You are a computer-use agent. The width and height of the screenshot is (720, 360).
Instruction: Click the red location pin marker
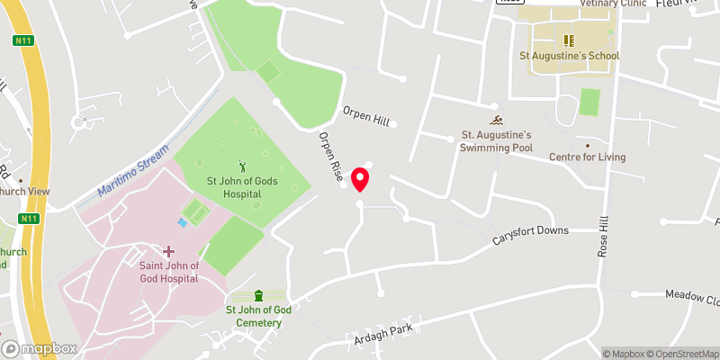[361, 178]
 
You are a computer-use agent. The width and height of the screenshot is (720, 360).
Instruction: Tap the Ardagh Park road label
[382, 335]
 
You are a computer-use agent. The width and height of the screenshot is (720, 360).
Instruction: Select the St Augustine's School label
[570, 56]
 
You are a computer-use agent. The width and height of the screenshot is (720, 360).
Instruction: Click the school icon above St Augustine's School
[568, 40]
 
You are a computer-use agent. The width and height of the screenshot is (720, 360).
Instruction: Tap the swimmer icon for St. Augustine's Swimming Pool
[496, 121]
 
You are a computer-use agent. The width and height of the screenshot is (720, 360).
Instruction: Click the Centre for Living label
[588, 157]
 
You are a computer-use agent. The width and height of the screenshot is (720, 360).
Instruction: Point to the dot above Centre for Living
[588, 144]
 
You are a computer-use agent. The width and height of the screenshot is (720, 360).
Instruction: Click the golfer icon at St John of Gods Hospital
[241, 166]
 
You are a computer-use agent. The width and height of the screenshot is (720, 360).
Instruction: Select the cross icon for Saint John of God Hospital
[168, 250]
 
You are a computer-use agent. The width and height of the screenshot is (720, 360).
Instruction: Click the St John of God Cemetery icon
[259, 295]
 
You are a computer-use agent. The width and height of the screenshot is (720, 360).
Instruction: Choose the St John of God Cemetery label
[258, 316]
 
